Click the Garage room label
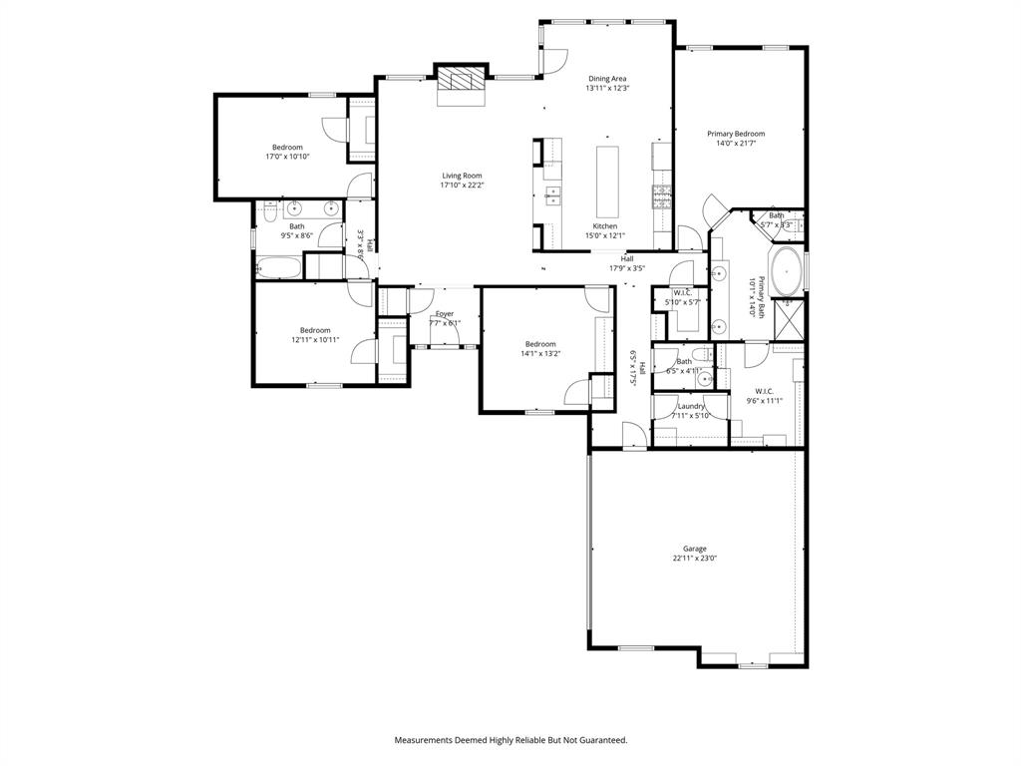[694, 549]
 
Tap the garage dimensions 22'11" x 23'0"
[694, 559]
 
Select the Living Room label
[462, 176]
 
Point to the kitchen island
[606, 182]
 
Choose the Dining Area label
[607, 78]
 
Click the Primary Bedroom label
[736, 134]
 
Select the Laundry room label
[691, 406]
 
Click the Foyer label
[445, 313]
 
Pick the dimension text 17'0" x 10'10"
[287, 157]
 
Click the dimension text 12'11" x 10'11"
[315, 339]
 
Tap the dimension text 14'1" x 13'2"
[540, 353]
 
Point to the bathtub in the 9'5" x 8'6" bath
[278, 267]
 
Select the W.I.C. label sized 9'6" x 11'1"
[765, 391]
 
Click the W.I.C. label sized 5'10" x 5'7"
[683, 292]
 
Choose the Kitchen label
[605, 226]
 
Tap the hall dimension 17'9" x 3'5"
[627, 267]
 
